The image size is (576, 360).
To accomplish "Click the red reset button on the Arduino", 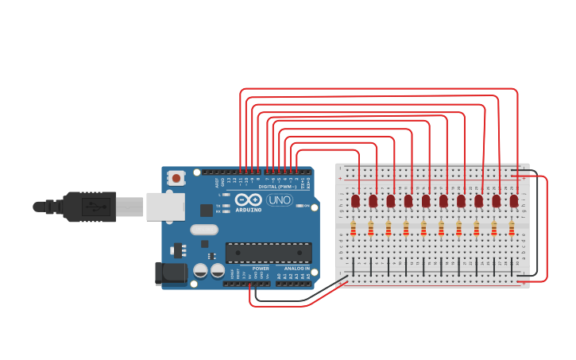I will click(x=176, y=178).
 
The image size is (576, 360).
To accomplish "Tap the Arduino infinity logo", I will click(x=247, y=200).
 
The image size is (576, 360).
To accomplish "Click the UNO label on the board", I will click(x=279, y=200).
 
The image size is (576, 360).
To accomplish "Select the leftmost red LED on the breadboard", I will click(x=355, y=200).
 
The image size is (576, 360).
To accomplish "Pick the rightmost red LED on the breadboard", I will click(x=514, y=200).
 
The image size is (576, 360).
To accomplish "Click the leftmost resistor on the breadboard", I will click(x=353, y=229).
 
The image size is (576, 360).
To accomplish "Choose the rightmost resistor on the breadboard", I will click(x=511, y=229).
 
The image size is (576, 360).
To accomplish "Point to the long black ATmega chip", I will click(x=266, y=253).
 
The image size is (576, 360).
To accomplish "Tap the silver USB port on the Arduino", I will click(x=166, y=207).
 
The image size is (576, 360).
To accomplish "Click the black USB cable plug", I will click(x=89, y=207).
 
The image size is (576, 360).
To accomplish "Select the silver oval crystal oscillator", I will click(x=204, y=230).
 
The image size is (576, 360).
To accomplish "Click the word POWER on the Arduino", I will click(x=261, y=269).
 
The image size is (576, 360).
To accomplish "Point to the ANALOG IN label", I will click(x=297, y=269).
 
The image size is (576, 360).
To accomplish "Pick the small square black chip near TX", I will click(x=207, y=211).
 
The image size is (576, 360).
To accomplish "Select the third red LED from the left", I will click(x=390, y=200).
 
